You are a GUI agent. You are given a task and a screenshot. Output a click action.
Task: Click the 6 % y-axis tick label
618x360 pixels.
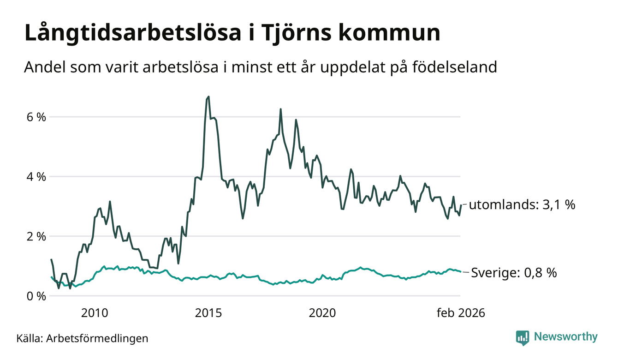tap(36, 117)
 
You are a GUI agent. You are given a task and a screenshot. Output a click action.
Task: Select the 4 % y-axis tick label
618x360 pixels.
tap(36, 177)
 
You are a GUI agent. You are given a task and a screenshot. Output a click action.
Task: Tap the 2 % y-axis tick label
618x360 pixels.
tap(36, 236)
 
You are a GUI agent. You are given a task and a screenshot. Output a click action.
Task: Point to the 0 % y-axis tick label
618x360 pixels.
tap(36, 296)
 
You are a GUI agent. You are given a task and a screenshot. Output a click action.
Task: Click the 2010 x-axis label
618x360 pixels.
tap(95, 313)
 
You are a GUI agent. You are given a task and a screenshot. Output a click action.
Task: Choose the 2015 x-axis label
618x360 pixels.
tap(208, 313)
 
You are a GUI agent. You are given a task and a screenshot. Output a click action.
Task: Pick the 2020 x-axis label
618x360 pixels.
tap(322, 313)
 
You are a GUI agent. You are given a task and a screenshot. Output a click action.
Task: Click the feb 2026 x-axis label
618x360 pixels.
tap(461, 313)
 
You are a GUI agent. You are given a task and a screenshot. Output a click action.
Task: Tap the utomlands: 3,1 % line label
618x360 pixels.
tap(522, 204)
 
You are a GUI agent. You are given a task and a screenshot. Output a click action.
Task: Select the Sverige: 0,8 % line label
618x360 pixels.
tap(514, 273)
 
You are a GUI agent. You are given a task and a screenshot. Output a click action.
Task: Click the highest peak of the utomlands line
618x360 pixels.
tap(208, 97)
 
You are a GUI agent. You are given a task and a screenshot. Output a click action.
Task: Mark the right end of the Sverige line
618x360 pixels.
tap(460, 271)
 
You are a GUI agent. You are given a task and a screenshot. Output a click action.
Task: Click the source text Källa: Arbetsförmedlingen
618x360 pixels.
tap(83, 338)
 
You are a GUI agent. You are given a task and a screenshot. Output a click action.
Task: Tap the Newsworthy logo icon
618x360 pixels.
tap(523, 337)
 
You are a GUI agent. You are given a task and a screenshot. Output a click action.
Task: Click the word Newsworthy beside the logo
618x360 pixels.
tap(566, 337)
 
